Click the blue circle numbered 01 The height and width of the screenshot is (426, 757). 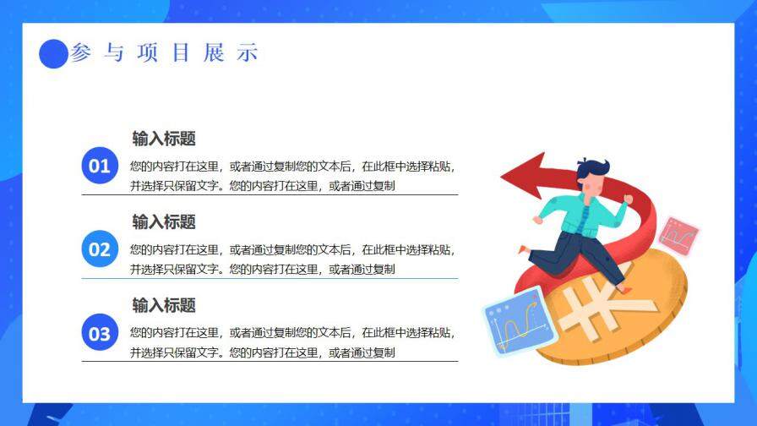(x=100, y=165)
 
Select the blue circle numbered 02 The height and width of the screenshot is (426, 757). (x=100, y=248)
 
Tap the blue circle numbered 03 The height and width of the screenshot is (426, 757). (x=100, y=332)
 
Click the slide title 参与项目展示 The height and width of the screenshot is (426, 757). (x=164, y=53)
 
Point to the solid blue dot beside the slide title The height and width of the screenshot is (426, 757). (x=53, y=54)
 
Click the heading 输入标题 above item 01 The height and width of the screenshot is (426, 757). (x=164, y=139)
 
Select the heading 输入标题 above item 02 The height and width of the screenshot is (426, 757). (x=164, y=221)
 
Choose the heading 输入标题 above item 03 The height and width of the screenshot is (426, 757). (x=164, y=304)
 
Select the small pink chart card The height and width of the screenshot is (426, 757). (x=678, y=234)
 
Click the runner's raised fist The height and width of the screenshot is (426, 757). (x=628, y=199)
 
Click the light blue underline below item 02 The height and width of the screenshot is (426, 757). (x=270, y=278)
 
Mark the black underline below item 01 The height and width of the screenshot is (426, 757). (x=270, y=194)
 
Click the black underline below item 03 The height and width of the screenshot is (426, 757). (x=270, y=361)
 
